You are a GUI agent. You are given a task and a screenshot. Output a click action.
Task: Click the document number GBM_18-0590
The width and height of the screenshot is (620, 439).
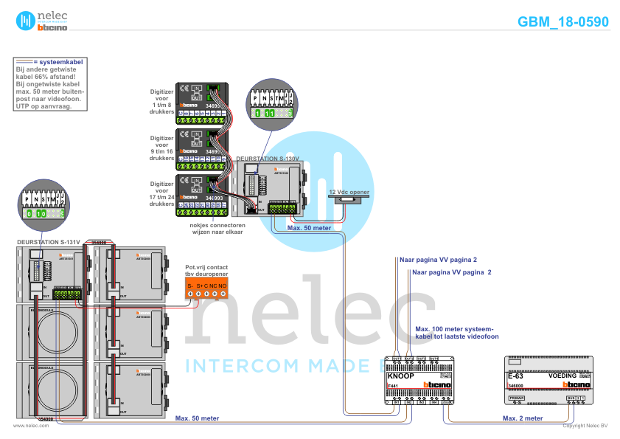pos(562,22)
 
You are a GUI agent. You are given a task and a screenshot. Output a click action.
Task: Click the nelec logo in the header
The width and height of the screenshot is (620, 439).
pos(42,21)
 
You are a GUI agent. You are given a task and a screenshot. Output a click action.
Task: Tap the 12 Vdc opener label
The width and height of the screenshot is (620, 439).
pos(349,192)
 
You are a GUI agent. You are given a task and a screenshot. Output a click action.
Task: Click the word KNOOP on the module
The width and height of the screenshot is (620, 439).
pos(400,376)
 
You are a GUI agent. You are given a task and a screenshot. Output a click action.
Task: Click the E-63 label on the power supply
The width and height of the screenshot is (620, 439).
pos(515,376)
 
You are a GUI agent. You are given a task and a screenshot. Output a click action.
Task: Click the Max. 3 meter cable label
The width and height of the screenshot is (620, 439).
pos(523,418)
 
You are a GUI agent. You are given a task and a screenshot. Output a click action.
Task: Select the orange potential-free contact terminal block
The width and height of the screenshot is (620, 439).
pos(206,288)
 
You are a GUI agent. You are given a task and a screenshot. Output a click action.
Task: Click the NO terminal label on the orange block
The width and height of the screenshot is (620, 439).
pos(222,285)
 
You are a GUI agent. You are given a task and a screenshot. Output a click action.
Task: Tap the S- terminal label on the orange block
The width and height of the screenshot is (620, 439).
pos(189,285)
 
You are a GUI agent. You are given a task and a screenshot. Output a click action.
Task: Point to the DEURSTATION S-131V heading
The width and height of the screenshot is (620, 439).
pos(49,242)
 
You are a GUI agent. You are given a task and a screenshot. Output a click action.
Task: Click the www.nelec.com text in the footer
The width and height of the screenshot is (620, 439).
pos(26,426)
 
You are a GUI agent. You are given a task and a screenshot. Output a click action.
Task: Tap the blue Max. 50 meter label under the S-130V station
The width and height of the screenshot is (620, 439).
pos(309,228)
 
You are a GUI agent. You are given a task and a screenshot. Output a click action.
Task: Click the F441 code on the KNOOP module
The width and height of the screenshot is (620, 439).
pos(394,386)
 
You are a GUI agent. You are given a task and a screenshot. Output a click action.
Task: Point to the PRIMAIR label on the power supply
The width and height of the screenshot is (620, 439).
pos(516,398)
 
